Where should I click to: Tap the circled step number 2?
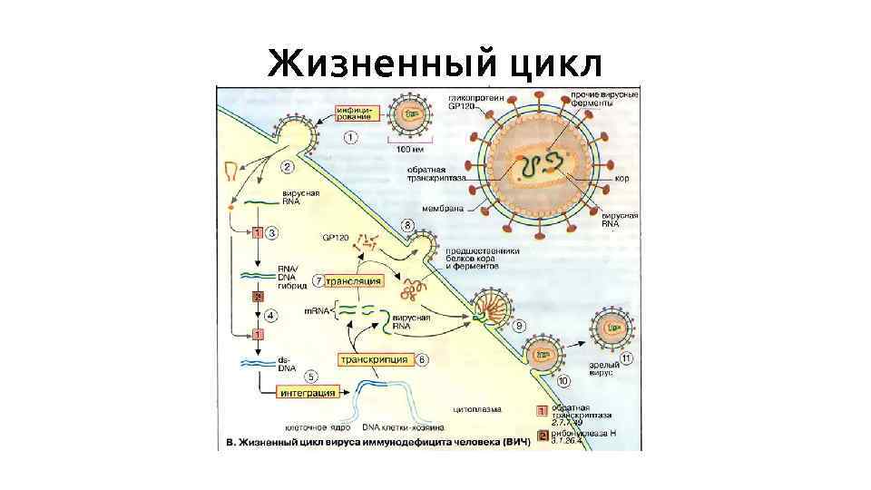coord(286,167)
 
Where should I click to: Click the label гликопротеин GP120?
coord(470,100)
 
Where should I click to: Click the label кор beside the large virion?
coord(622,179)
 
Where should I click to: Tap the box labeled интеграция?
coord(308,393)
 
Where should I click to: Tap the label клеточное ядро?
coord(311,426)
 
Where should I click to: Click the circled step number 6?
coord(423,360)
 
